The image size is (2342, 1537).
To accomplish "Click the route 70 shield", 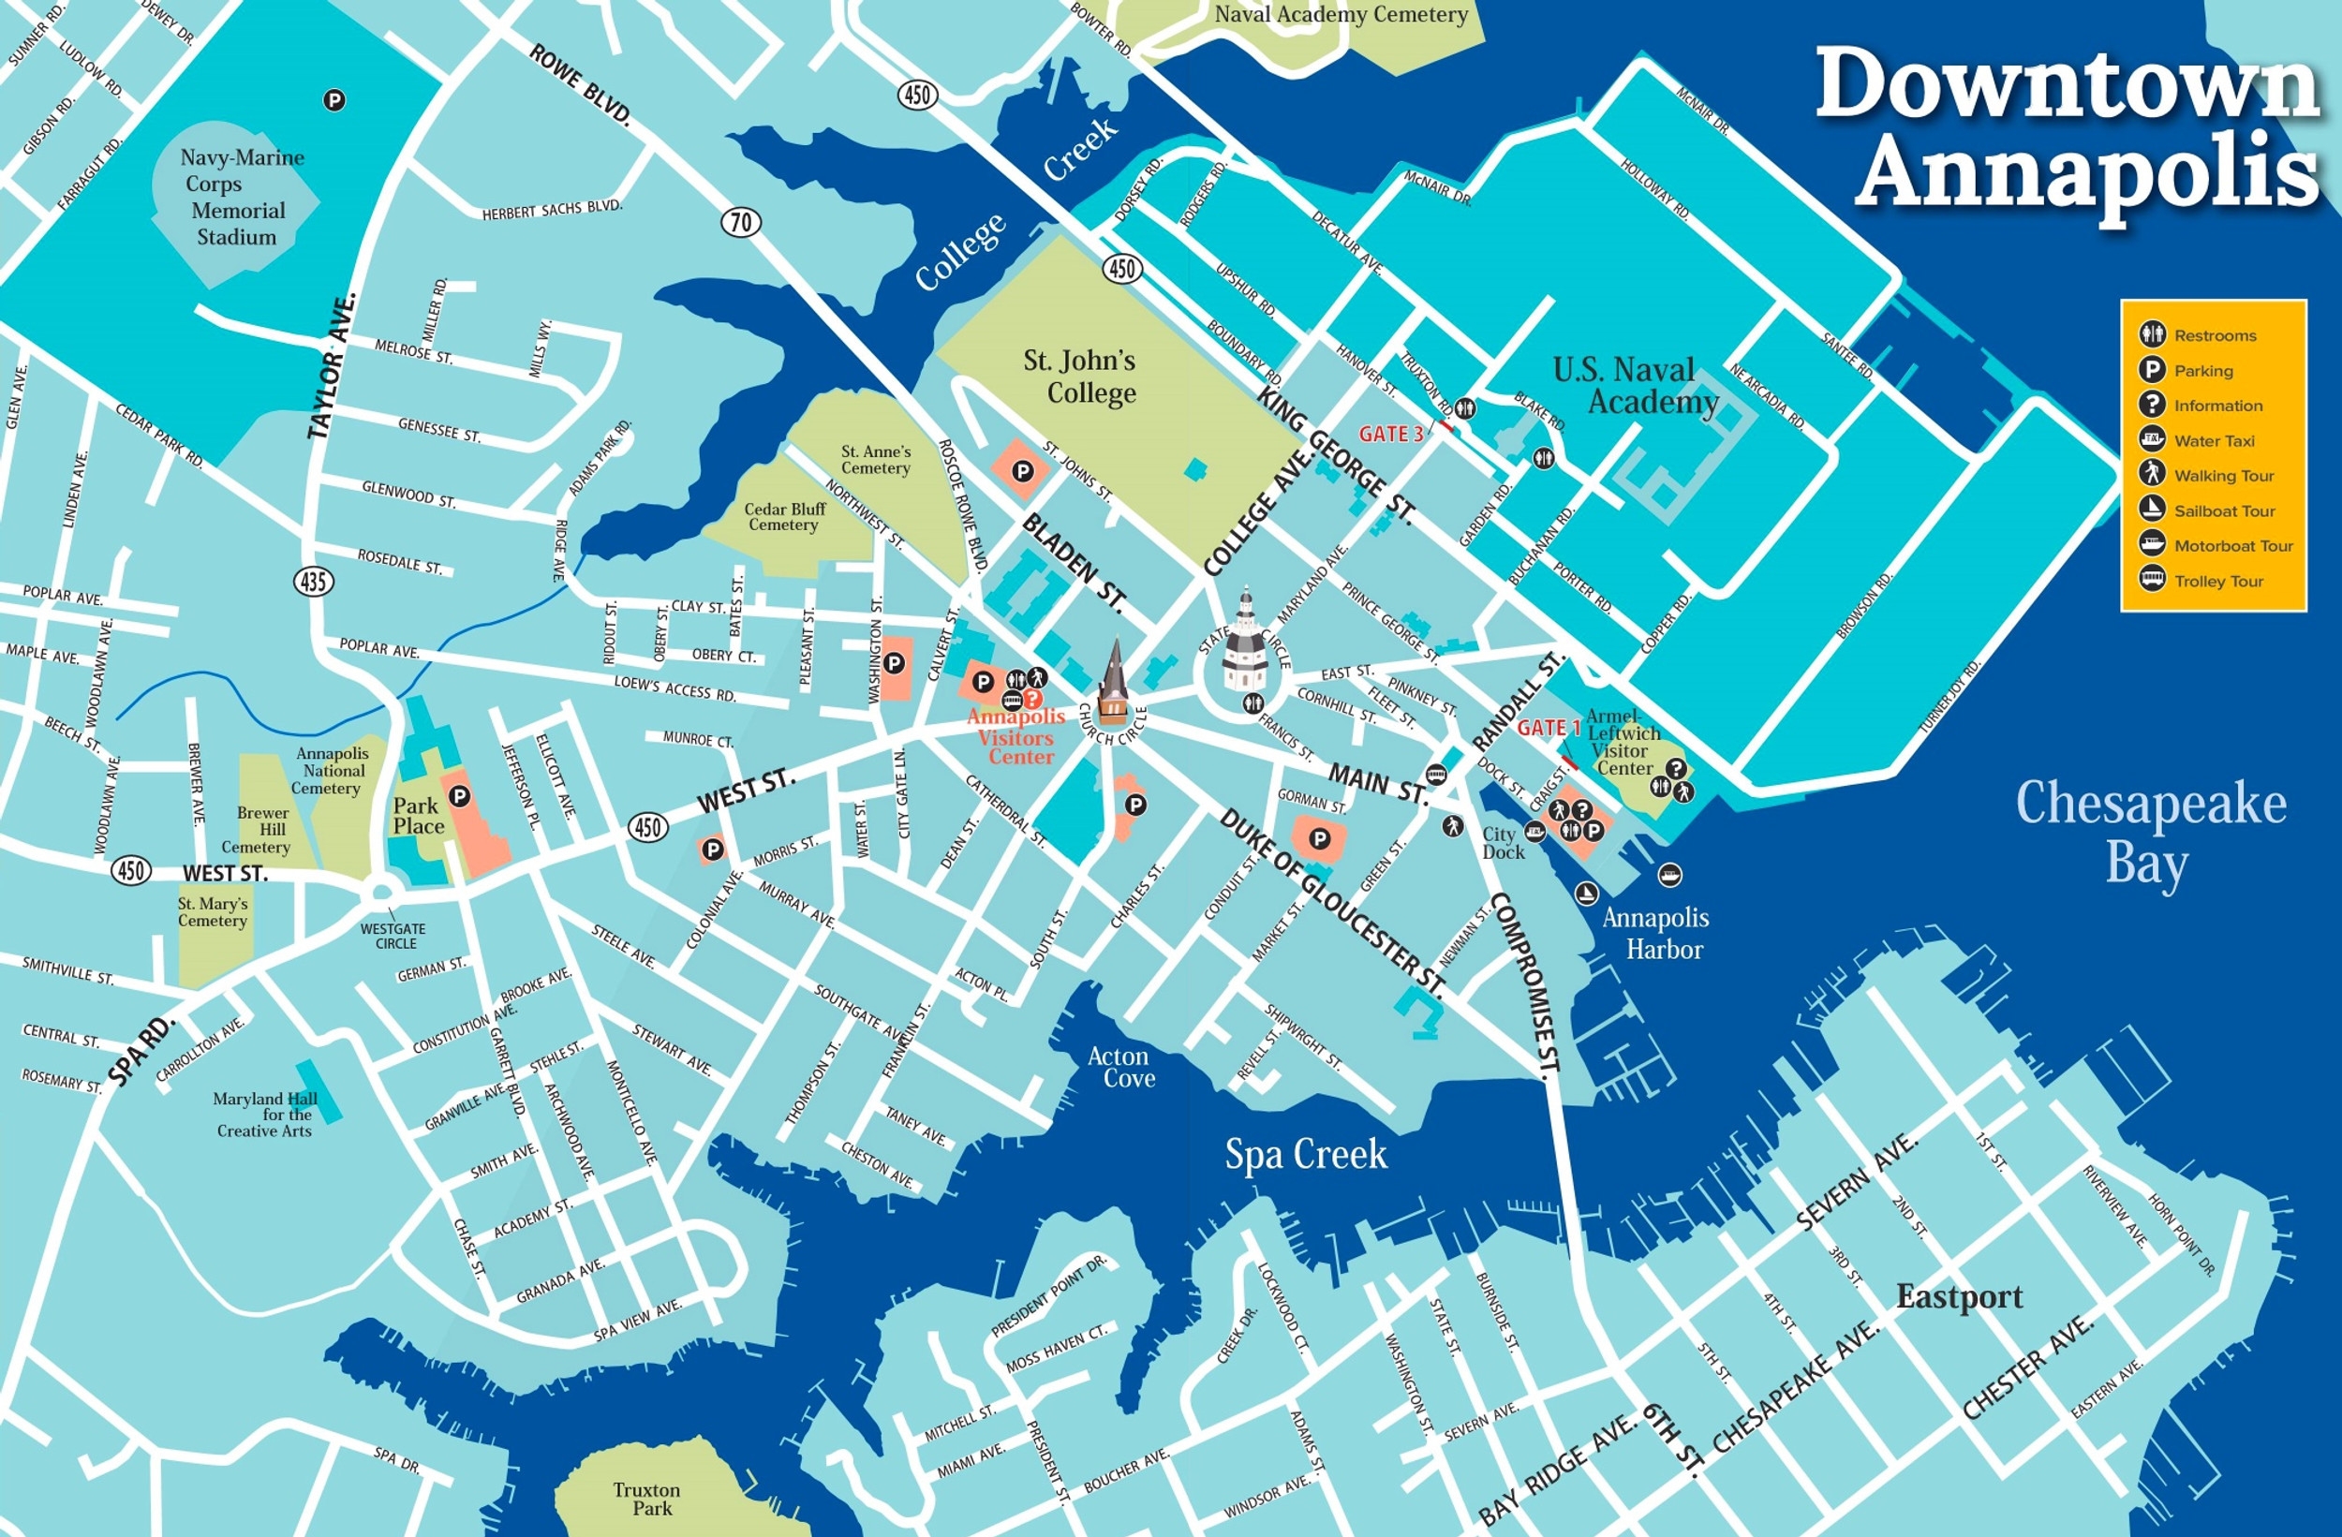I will pyautogui.click(x=741, y=222).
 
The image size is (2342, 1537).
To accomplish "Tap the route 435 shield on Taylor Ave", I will pyautogui.click(x=313, y=582).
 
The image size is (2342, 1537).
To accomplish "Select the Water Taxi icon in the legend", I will pyautogui.click(x=2152, y=440).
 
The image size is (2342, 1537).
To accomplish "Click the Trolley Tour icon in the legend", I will pyautogui.click(x=2152, y=580).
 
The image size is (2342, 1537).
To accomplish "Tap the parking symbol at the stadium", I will pyautogui.click(x=334, y=99).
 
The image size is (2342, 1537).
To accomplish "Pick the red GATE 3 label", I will pyautogui.click(x=1390, y=434).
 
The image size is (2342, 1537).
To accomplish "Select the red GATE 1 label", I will pyautogui.click(x=1548, y=727).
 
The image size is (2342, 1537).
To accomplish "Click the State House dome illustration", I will pyautogui.click(x=1244, y=644).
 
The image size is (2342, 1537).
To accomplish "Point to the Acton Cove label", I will pyautogui.click(x=1119, y=1067).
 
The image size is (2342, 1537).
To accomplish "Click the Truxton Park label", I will pyautogui.click(x=646, y=1499).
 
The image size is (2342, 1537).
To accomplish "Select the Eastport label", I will pyautogui.click(x=1959, y=1296).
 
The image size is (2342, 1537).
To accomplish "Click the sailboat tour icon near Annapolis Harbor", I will pyautogui.click(x=1585, y=894).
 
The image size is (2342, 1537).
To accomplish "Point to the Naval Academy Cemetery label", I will pyautogui.click(x=1341, y=15).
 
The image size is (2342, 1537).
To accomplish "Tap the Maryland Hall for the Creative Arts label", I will pyautogui.click(x=265, y=1115).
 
